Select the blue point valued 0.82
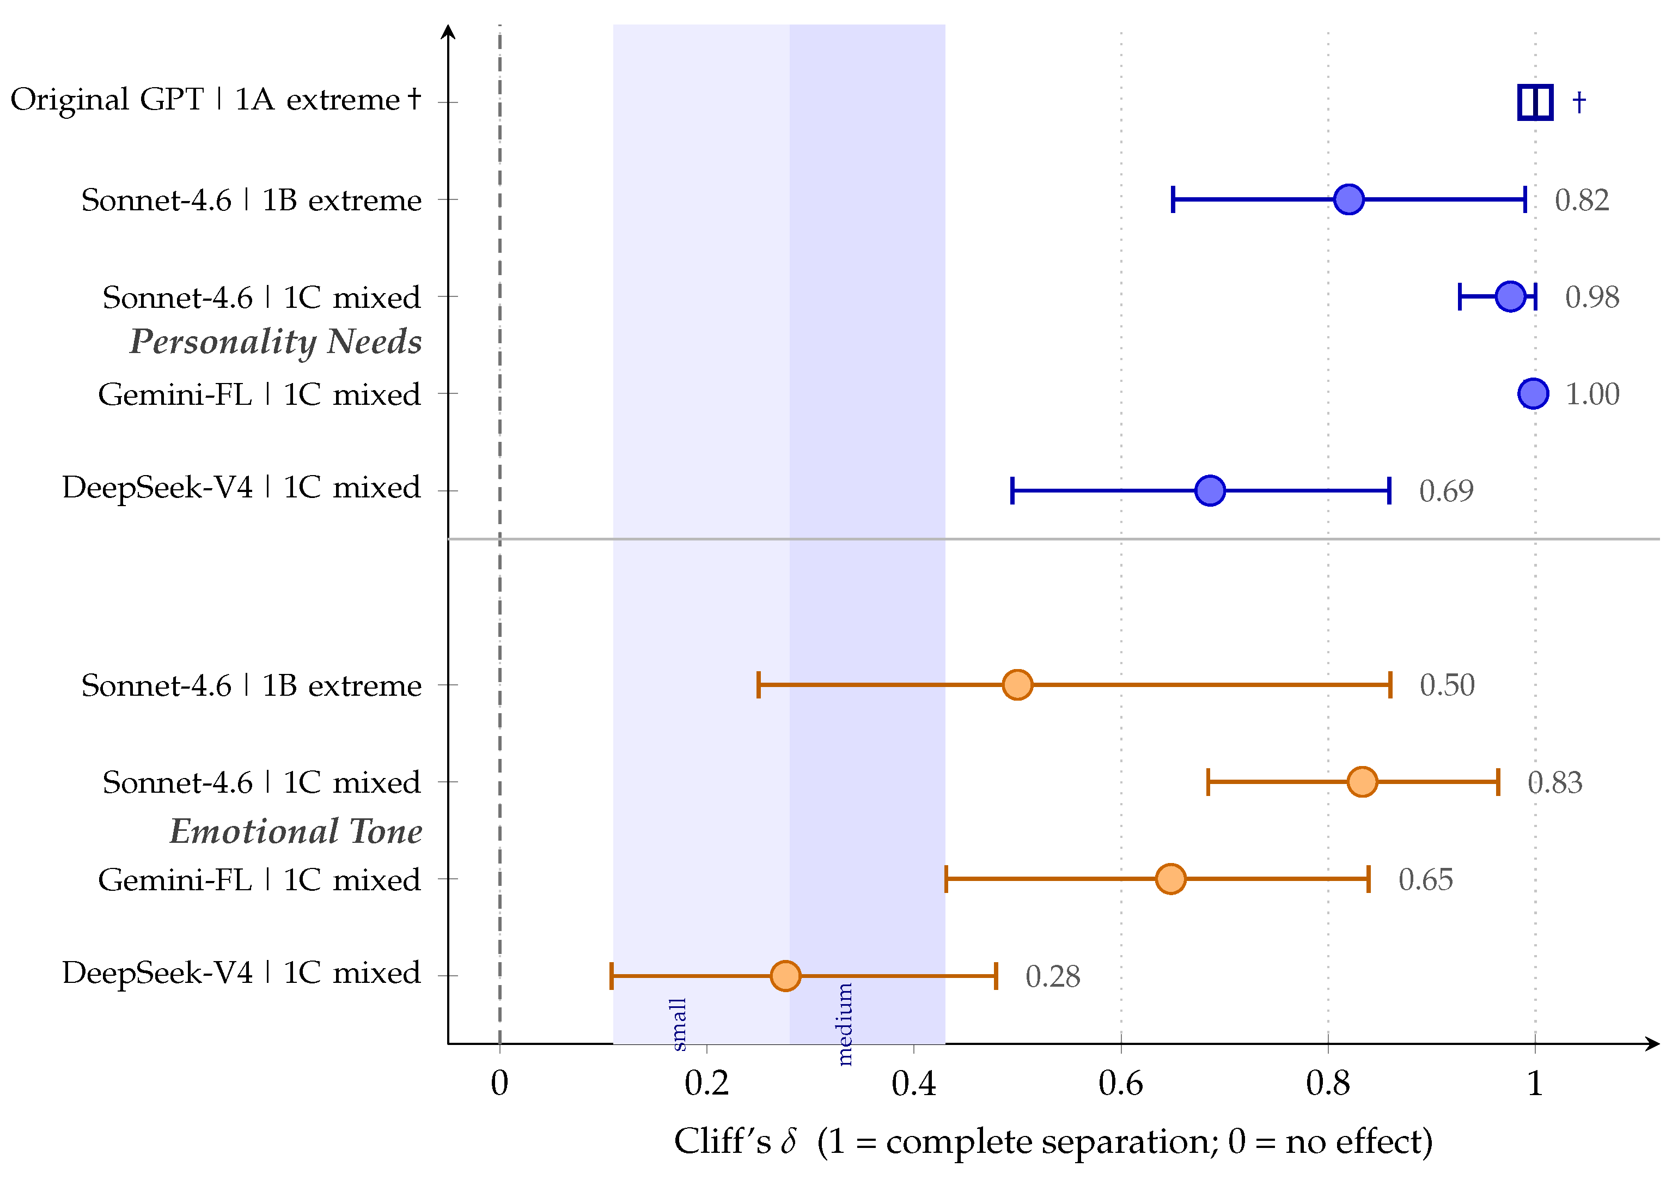point(1348,199)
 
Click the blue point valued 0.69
point(1210,490)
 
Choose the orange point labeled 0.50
point(1017,685)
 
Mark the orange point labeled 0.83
point(1362,782)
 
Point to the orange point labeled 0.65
point(1170,879)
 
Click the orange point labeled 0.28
point(785,976)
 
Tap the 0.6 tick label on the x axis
point(1121,1084)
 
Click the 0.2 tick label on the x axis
point(706,1084)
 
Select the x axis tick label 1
point(1534,1084)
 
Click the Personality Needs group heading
point(275,341)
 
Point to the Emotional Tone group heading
point(296,831)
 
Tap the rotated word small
point(678,1024)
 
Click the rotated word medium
point(844,1024)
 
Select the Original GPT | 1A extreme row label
point(216,99)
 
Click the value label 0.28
point(1052,976)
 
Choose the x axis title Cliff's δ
point(735,1141)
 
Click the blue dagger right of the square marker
point(1579,102)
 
